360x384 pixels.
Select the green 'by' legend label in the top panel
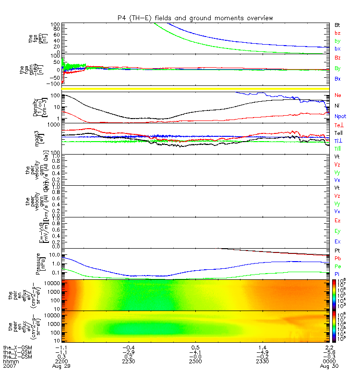[x=337, y=41]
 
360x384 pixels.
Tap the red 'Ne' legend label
[x=337, y=95]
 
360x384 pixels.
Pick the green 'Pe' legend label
[x=337, y=266]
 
